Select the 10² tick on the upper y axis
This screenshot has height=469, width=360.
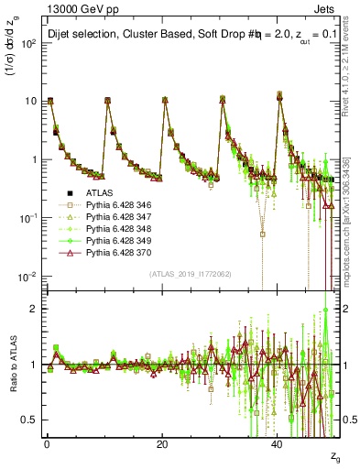pyautogui.click(x=27, y=43)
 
